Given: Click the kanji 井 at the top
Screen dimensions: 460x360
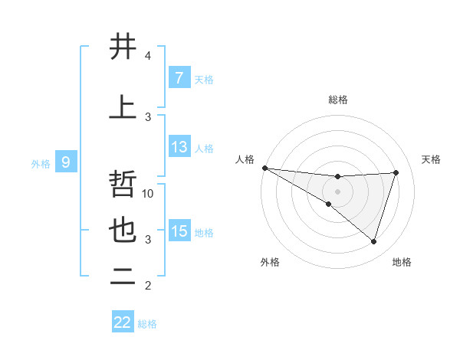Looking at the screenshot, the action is pyautogui.click(x=123, y=47).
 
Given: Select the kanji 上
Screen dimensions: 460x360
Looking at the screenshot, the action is pyautogui.click(x=123, y=107).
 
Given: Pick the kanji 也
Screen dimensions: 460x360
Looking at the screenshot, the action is pyautogui.click(x=123, y=230).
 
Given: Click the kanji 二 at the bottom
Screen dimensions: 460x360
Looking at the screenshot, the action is pyautogui.click(x=123, y=277).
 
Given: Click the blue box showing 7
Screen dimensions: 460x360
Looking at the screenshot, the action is pyautogui.click(x=179, y=78).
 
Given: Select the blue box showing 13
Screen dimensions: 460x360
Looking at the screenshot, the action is pyautogui.click(x=179, y=147).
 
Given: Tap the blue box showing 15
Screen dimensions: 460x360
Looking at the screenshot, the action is pyautogui.click(x=179, y=231).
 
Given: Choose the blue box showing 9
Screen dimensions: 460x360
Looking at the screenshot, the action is pyautogui.click(x=67, y=162).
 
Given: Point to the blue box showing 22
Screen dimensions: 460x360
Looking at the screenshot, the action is pyautogui.click(x=123, y=322).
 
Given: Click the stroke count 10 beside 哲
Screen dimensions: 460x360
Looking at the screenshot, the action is pyautogui.click(x=149, y=194).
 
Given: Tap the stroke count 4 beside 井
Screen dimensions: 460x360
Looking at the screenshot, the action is pyautogui.click(x=148, y=56).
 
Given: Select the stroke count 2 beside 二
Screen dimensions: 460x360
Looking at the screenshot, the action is pyautogui.click(x=148, y=286).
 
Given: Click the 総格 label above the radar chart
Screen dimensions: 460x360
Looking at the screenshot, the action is pyautogui.click(x=337, y=100).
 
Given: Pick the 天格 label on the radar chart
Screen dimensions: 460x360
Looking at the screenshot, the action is pyautogui.click(x=432, y=159).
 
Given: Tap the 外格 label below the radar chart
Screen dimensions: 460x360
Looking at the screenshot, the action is pyautogui.click(x=270, y=262).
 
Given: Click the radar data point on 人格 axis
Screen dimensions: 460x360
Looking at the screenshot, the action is pyautogui.click(x=264, y=167).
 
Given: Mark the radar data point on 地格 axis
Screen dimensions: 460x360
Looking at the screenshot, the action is pyautogui.click(x=373, y=241).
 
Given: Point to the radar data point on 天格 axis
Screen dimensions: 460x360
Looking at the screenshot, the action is pyautogui.click(x=396, y=172).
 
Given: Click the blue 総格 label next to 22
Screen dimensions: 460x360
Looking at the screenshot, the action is pyautogui.click(x=147, y=324).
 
